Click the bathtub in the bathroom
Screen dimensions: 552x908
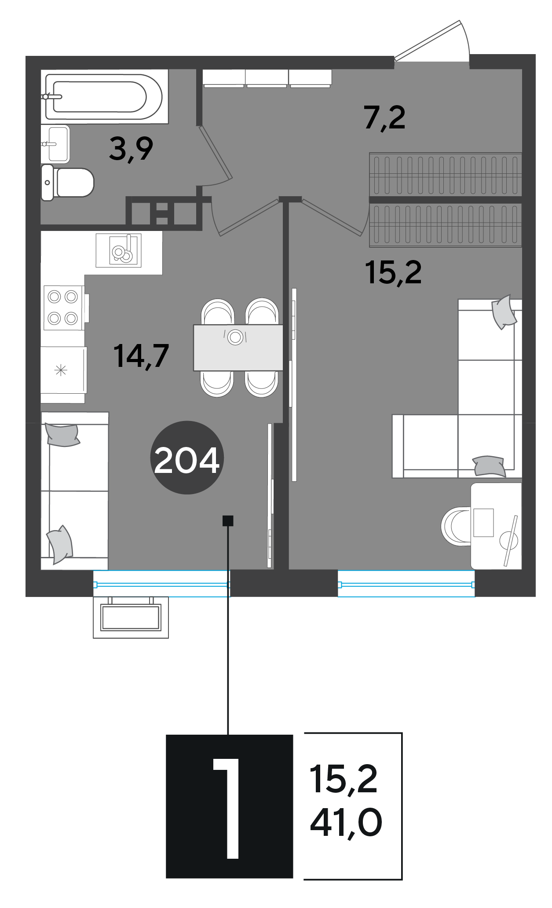[x=104, y=96]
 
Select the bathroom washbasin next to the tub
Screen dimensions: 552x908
[x=55, y=144]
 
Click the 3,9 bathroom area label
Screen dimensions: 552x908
[x=131, y=149]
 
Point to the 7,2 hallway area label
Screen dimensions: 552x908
[x=385, y=118]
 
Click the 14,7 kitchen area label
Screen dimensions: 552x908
[x=141, y=355]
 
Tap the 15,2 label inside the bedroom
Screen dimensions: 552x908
[x=393, y=272]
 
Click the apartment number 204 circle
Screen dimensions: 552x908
[x=187, y=458]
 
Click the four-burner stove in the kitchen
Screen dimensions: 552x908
[x=64, y=307]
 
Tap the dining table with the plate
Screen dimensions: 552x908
[x=238, y=348]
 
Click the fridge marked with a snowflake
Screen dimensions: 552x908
[x=63, y=370]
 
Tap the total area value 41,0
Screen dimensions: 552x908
[x=346, y=823]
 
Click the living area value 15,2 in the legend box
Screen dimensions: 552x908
[x=344, y=779]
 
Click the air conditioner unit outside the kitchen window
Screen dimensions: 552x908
[x=131, y=617]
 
